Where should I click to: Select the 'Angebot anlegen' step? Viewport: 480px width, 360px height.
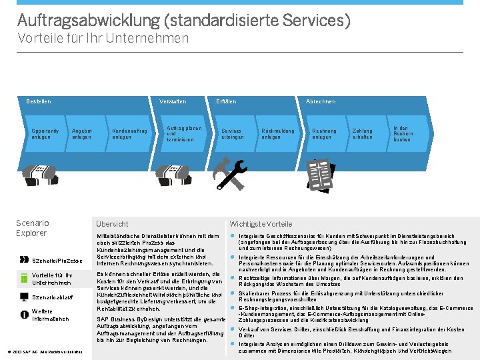[81, 134]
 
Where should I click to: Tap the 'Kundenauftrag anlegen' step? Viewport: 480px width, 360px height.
[129, 134]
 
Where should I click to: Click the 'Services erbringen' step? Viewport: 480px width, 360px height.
[231, 134]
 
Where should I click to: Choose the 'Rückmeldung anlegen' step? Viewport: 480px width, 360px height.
[277, 134]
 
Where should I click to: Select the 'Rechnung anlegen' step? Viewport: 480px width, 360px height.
[324, 134]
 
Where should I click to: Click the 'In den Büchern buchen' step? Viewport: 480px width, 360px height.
[403, 133]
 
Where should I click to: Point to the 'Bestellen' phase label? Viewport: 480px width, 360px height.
[38, 101]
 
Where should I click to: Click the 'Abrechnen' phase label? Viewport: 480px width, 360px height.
[320, 101]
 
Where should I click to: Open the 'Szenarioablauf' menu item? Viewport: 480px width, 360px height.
[51, 297]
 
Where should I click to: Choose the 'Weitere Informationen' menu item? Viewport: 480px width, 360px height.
[51, 315]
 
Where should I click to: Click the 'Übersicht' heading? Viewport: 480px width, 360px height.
[112, 224]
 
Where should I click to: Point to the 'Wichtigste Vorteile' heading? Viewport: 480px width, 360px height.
[261, 224]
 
